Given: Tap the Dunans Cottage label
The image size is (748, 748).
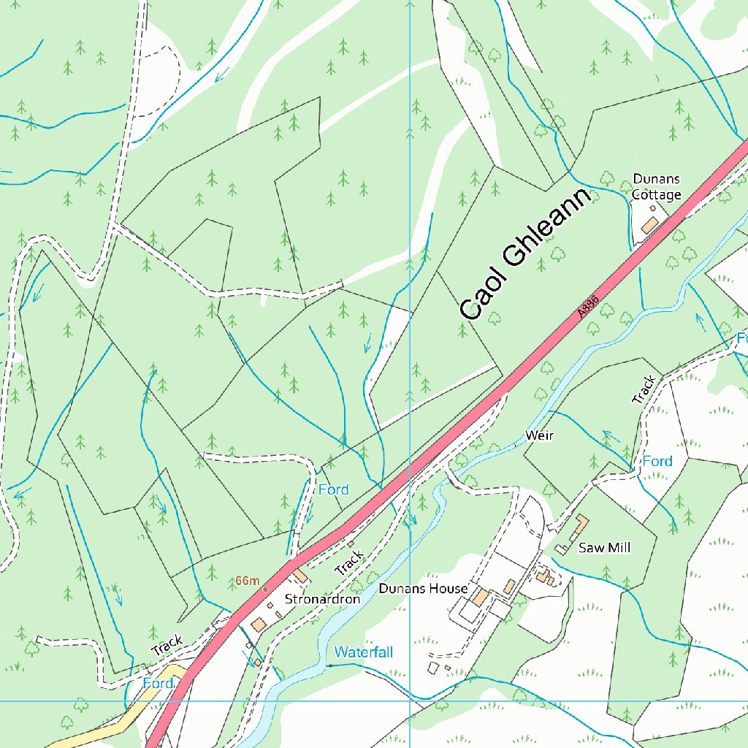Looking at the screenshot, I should pos(657,186).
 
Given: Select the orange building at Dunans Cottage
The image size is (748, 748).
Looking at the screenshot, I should pos(649,225).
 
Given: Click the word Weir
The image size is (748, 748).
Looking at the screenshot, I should pos(539,435).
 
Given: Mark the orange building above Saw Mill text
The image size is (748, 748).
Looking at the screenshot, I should pos(582,524).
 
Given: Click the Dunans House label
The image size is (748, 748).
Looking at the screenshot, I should pos(423,589).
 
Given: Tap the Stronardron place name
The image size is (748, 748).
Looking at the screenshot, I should pos(322,599).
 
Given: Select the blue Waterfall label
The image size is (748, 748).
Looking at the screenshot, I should pos(364,652).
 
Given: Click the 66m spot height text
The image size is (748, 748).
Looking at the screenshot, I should pos(247,581).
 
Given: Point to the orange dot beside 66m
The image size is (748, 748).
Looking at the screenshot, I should pos(265,588).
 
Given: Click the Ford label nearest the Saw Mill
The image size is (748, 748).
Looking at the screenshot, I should pos(657,462).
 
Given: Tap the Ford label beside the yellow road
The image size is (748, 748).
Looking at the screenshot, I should pos(158,683).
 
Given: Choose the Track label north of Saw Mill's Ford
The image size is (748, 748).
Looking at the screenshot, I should pos(644,390).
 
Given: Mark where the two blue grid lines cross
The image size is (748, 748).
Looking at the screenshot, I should pos(410,701).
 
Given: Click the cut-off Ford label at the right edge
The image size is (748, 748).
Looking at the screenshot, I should pos(741,338).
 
